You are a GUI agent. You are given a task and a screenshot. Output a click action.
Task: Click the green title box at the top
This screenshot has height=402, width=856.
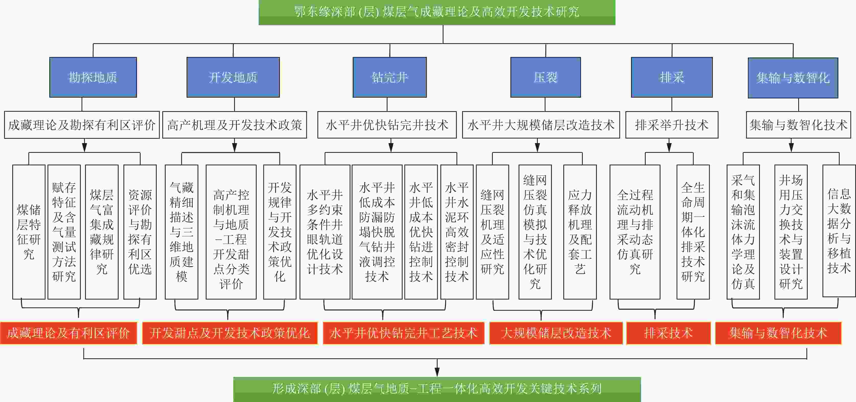click(437, 12)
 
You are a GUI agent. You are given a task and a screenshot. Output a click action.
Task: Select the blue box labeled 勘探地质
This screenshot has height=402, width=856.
click(93, 77)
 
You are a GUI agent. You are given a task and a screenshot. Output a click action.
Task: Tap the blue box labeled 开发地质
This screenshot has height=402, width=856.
click(233, 77)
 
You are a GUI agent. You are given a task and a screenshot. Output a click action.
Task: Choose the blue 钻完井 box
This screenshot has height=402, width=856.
click(390, 77)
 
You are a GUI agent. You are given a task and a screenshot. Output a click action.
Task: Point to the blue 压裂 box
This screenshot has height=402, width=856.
click(545, 77)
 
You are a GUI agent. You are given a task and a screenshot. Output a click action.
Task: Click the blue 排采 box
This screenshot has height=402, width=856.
click(671, 77)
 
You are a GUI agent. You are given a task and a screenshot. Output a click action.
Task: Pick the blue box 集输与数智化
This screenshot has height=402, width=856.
click(793, 78)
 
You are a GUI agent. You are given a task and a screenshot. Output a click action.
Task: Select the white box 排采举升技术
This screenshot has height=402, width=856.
click(671, 125)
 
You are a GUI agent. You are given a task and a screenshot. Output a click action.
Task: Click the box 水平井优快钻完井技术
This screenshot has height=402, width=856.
click(387, 125)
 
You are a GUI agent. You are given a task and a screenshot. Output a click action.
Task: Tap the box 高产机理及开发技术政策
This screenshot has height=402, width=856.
click(235, 125)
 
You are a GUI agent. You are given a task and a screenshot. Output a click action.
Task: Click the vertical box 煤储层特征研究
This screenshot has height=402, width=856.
click(29, 232)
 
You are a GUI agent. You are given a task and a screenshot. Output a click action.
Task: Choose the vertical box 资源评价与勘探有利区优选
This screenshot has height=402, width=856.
click(140, 232)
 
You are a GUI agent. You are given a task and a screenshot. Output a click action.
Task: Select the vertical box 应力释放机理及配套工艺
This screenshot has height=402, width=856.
click(580, 232)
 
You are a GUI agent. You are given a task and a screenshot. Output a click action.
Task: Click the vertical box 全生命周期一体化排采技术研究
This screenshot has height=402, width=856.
click(693, 232)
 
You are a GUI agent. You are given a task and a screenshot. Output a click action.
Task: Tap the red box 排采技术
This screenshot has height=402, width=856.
click(668, 333)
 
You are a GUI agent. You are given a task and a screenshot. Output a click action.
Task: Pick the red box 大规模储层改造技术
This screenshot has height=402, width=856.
click(556, 333)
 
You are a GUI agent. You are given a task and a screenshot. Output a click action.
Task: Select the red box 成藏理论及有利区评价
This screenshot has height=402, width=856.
click(69, 333)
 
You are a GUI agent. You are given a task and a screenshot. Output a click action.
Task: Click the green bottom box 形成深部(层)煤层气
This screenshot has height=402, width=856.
click(437, 389)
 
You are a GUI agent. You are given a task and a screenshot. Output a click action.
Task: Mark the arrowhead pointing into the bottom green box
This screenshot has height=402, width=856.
click(437, 373)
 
